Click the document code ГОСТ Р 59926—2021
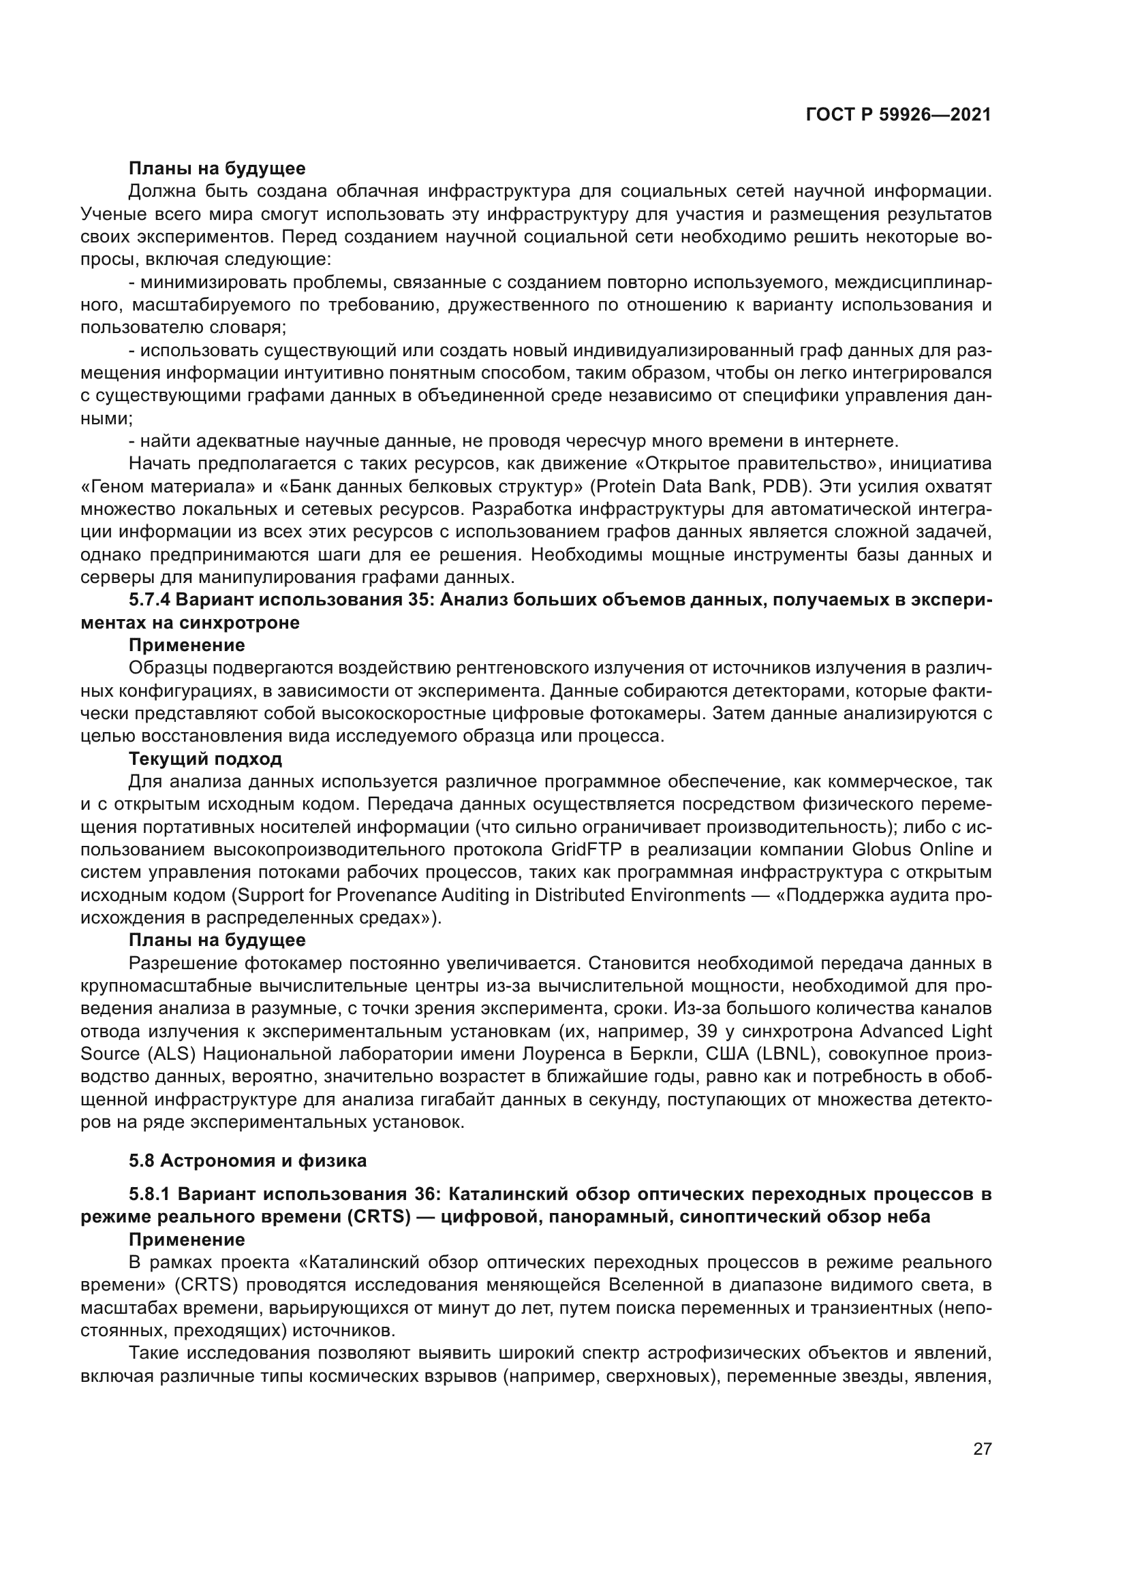pos(898,115)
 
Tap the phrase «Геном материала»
pos(164,486)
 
